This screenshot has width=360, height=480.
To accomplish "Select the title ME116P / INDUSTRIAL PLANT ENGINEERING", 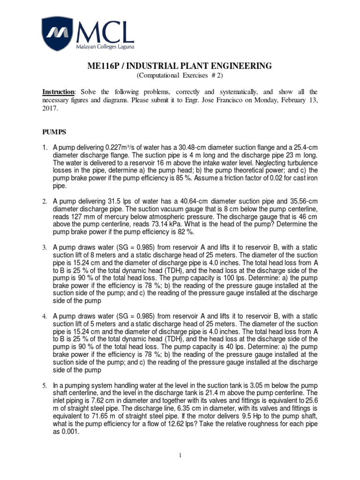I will click(180, 66).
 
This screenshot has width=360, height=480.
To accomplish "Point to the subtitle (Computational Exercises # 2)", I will click(180, 76).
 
